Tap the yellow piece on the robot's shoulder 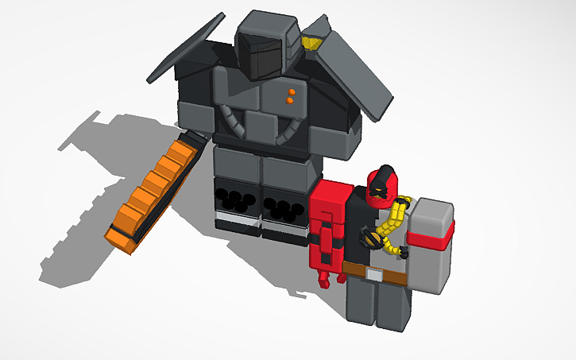pyautogui.click(x=315, y=41)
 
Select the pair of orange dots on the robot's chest pyautogui.click(x=291, y=97)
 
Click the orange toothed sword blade pyautogui.click(x=151, y=195)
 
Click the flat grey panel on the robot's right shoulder pyautogui.click(x=354, y=72)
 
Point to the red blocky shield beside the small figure pyautogui.click(x=330, y=226)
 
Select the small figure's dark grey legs pyautogui.click(x=378, y=306)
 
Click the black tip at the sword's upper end pyautogui.click(x=195, y=140)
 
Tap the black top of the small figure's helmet pyautogui.click(x=386, y=170)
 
